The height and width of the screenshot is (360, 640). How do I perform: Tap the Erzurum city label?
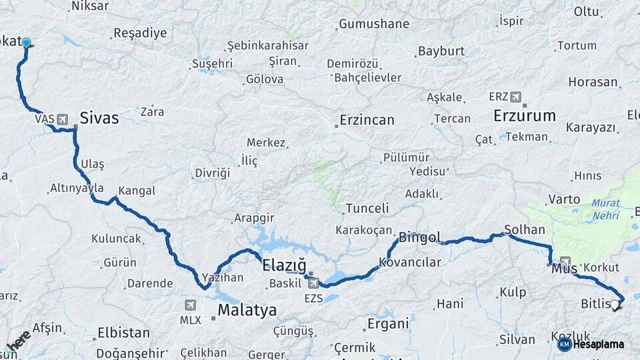(x=524, y=115)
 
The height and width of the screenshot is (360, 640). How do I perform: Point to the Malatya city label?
(x=247, y=310)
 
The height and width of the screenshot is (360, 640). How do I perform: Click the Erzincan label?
(x=367, y=121)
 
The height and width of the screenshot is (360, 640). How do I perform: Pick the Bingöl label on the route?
(x=420, y=237)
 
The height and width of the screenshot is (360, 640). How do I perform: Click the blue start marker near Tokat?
(x=26, y=43)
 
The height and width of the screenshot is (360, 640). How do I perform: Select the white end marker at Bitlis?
(x=615, y=305)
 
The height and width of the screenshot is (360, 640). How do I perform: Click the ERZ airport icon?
(x=516, y=97)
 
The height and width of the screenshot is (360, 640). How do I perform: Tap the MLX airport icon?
(x=191, y=305)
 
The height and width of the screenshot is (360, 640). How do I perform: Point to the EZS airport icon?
(x=314, y=283)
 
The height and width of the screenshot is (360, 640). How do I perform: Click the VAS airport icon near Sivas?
(x=63, y=119)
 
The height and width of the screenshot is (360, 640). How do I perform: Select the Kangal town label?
(x=137, y=191)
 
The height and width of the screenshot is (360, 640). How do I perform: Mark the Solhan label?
(x=525, y=229)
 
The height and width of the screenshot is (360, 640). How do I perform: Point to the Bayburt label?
(x=441, y=51)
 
